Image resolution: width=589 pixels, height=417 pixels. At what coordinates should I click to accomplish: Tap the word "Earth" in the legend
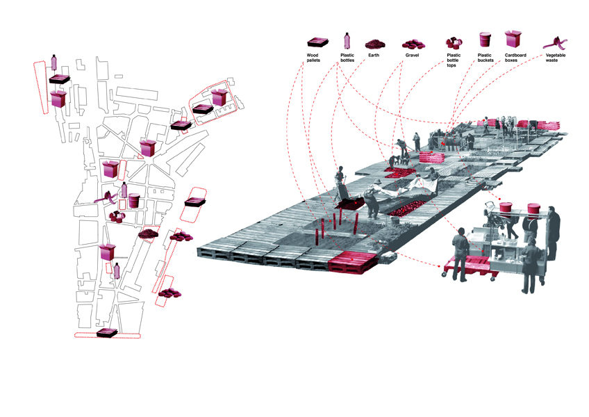[374, 54]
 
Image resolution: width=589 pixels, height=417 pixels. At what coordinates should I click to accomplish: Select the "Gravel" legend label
[411, 54]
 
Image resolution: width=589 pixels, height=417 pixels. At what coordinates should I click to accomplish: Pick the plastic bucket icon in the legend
[484, 39]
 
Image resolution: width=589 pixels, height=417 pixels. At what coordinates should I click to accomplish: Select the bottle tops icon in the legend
[454, 41]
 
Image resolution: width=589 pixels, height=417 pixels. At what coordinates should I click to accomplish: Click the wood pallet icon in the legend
[317, 42]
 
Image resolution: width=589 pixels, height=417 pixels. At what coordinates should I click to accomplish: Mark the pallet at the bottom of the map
[106, 334]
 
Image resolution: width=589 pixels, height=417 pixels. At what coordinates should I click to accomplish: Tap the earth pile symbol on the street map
[147, 234]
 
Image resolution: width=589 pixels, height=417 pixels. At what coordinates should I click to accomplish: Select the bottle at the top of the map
[55, 62]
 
